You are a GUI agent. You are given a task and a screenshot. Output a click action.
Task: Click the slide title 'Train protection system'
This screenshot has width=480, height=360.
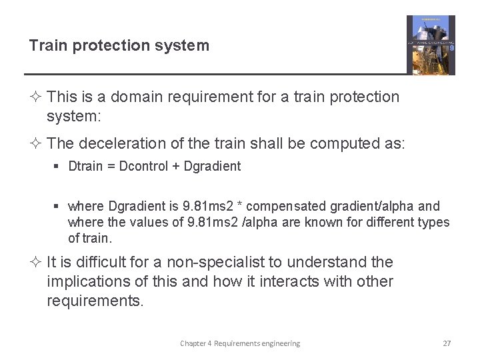click(x=119, y=45)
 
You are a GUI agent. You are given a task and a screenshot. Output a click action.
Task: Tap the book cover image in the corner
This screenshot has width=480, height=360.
click(x=431, y=45)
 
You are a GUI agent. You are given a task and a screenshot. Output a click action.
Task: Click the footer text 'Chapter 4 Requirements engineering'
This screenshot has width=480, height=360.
click(x=240, y=343)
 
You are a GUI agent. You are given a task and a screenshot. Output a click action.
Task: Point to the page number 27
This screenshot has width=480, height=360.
click(x=447, y=343)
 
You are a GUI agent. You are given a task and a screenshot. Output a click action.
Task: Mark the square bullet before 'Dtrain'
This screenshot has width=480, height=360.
click(x=59, y=167)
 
